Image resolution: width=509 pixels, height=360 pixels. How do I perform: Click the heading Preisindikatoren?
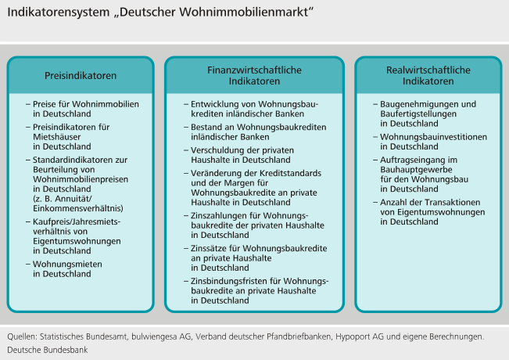(80, 76)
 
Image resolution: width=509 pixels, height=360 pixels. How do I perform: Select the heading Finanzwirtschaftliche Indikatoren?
(254, 76)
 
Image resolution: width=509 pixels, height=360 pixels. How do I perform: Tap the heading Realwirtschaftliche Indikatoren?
(428, 76)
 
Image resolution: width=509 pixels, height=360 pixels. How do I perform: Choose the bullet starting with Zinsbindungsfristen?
(257, 286)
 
